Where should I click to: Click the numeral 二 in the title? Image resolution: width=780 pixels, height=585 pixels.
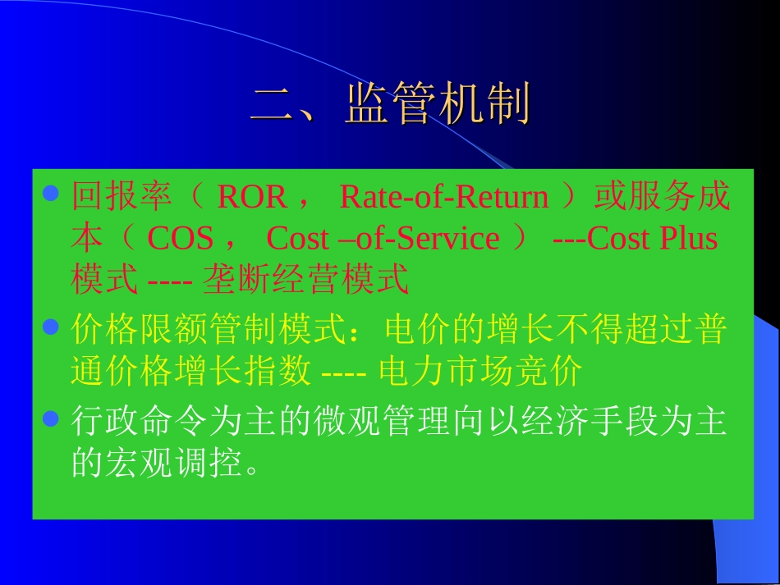(274, 104)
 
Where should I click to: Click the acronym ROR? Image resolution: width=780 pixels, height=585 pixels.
(251, 198)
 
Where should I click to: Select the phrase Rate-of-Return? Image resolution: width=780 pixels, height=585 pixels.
(443, 198)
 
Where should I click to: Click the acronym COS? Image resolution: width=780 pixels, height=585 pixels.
(180, 239)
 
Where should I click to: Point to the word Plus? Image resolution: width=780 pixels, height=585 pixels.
(688, 239)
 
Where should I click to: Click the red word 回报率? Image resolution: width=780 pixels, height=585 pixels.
(122, 198)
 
